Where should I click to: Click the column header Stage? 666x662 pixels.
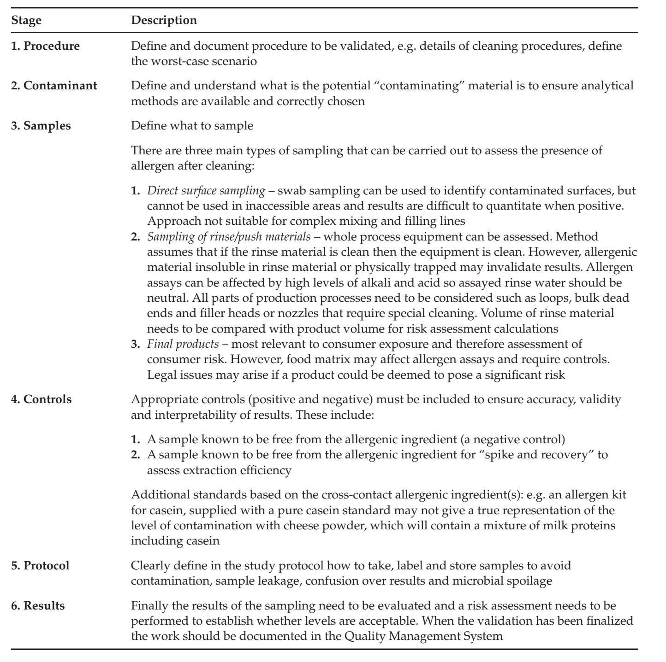pyautogui.click(x=25, y=21)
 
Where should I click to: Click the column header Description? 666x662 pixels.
pyautogui.click(x=164, y=21)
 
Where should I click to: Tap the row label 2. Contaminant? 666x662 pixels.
pyautogui.click(x=54, y=86)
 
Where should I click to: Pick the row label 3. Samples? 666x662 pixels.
pyautogui.click(x=41, y=126)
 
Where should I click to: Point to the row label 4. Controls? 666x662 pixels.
pyautogui.click(x=41, y=399)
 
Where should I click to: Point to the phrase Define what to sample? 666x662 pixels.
pyautogui.click(x=192, y=126)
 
